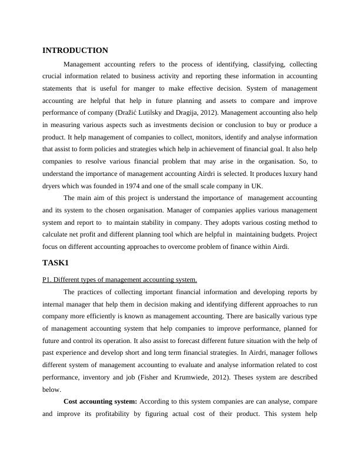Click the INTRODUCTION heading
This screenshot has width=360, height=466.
point(75,51)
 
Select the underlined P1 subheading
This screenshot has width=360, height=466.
point(119,279)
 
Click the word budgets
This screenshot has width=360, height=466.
point(285,235)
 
